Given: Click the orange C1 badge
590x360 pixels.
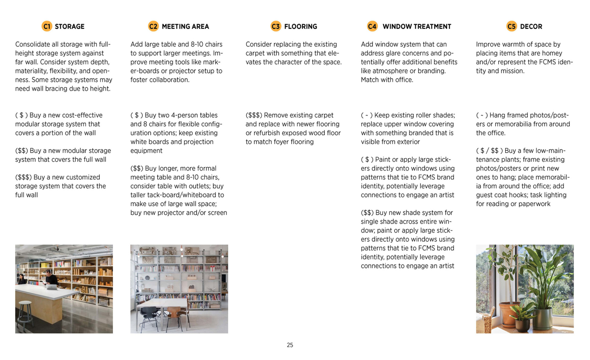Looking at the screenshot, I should [x=46, y=26].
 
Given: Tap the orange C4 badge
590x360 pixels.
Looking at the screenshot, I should [x=372, y=26].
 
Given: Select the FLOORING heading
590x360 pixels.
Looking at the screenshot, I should [x=300, y=27].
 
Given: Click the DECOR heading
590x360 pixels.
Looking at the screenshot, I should [x=531, y=27].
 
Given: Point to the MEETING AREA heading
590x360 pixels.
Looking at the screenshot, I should [x=185, y=27].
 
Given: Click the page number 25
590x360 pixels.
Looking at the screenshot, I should [x=290, y=345].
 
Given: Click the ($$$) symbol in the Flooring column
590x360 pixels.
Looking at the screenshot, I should [x=254, y=115].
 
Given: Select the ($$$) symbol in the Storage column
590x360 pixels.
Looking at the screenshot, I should [x=23, y=177].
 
